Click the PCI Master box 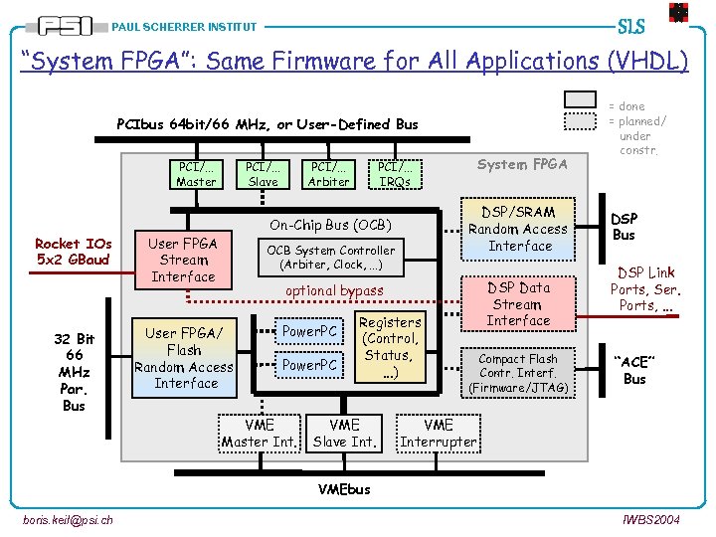pyautogui.click(x=196, y=174)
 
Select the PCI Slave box pyautogui.click(x=263, y=174)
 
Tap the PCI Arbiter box pyautogui.click(x=329, y=174)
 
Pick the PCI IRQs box pyautogui.click(x=395, y=174)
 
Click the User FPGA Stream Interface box pyautogui.click(x=183, y=260)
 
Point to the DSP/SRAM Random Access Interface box pyautogui.click(x=519, y=229)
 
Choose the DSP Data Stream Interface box pyautogui.click(x=519, y=303)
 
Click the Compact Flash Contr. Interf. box pyautogui.click(x=519, y=372)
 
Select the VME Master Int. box pyautogui.click(x=260, y=433)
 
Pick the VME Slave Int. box pyautogui.click(x=344, y=433)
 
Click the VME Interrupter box pyautogui.click(x=439, y=433)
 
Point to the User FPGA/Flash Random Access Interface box pyautogui.click(x=185, y=358)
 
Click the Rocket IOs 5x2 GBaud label pyautogui.click(x=74, y=252)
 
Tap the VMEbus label pyautogui.click(x=344, y=489)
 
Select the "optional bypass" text pyautogui.click(x=334, y=291)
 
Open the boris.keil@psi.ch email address pyautogui.click(x=67, y=520)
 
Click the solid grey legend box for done pyautogui.click(x=581, y=100)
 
